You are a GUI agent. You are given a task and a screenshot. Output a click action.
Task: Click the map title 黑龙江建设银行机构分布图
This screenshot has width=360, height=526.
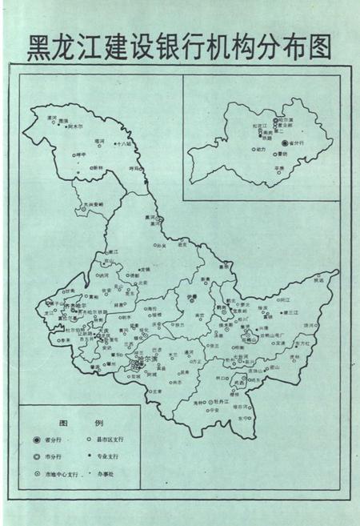[x=179, y=46]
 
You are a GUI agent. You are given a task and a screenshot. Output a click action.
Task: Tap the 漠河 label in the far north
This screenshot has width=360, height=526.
[x=52, y=118]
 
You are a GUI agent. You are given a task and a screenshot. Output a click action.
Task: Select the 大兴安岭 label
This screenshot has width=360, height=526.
[x=94, y=205]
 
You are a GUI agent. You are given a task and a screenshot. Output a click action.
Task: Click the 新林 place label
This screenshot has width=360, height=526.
[x=98, y=167]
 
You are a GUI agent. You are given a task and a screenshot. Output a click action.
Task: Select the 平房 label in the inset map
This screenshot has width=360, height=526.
[x=279, y=168]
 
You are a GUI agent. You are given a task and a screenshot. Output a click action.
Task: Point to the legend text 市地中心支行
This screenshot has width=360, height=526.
[x=62, y=475]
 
